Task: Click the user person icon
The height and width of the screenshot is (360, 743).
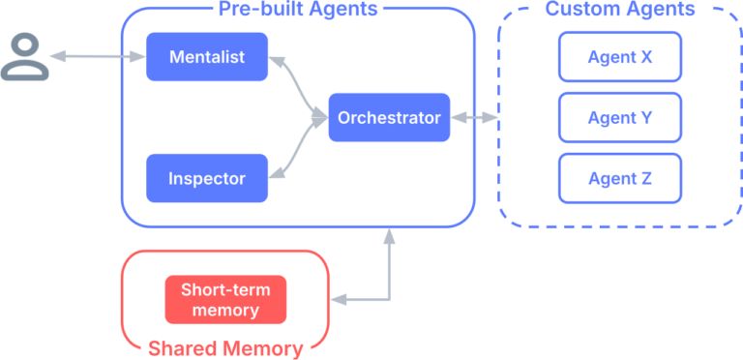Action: tap(24, 57)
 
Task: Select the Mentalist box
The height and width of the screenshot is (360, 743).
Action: tap(207, 57)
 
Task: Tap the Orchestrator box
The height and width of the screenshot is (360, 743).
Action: tap(389, 118)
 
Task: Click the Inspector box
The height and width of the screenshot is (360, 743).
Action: tap(207, 178)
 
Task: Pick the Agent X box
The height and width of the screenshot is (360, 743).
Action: tap(620, 57)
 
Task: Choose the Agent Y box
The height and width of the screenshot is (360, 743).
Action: tap(620, 118)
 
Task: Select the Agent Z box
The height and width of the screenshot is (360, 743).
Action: tap(620, 178)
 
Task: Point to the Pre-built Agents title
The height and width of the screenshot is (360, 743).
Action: tap(297, 10)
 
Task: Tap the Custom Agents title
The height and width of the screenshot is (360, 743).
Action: tap(620, 10)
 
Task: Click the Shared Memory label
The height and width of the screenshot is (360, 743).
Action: tap(225, 347)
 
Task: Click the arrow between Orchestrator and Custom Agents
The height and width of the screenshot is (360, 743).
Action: tap(474, 118)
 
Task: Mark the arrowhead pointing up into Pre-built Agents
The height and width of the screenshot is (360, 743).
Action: tap(388, 235)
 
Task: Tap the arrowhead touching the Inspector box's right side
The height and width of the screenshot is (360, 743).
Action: tap(277, 174)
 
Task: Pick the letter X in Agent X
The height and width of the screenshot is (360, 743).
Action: tap(645, 57)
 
